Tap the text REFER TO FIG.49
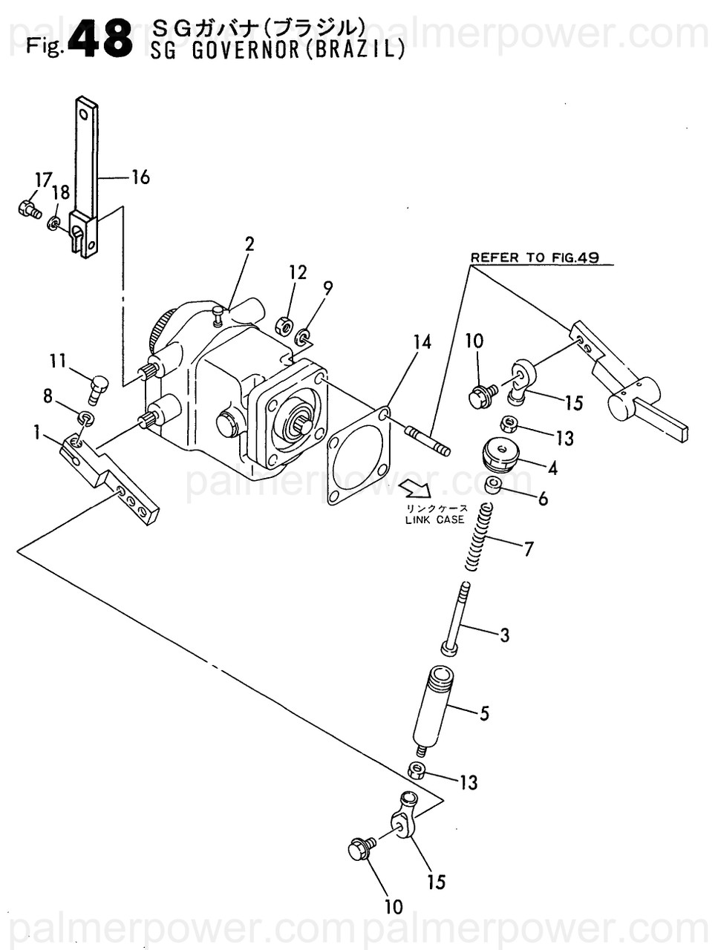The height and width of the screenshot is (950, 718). (x=534, y=258)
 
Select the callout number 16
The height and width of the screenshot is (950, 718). (x=140, y=177)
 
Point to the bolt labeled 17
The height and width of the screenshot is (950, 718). (x=28, y=209)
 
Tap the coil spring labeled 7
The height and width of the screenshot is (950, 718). (x=479, y=538)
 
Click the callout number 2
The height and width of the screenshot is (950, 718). (x=249, y=244)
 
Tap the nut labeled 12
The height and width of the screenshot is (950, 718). (x=284, y=326)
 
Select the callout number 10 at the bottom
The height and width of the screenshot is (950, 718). (x=394, y=906)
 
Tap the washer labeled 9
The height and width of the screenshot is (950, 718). (x=303, y=338)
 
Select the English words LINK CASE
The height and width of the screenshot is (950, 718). (x=434, y=520)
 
